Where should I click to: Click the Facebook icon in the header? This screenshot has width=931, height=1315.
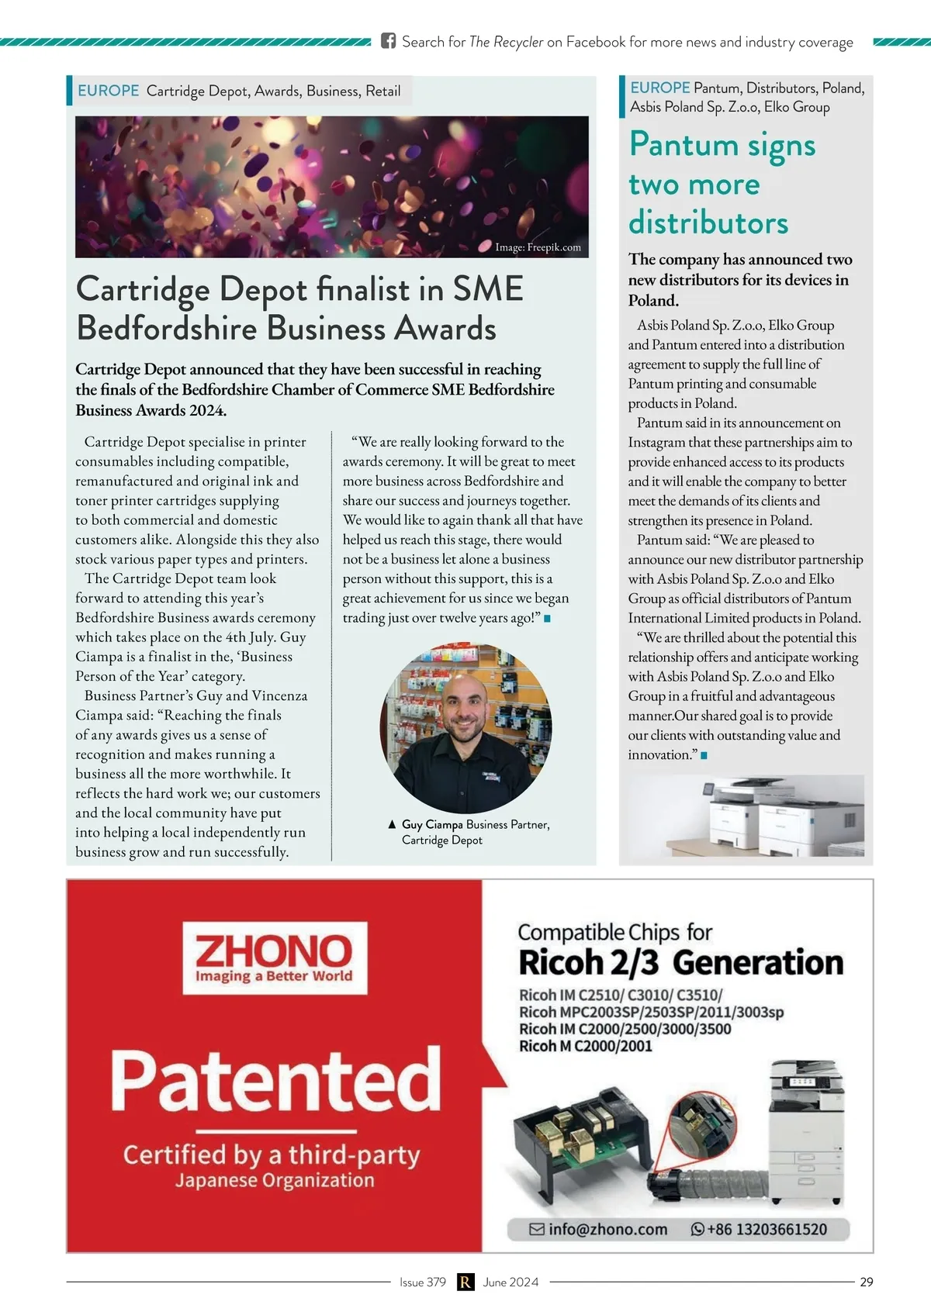[388, 41]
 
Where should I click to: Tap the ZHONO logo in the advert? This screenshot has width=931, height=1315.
[275, 958]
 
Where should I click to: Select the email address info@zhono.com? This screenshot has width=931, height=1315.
[607, 1229]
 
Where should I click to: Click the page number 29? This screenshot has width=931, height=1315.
[866, 1282]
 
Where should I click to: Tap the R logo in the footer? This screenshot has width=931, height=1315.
[465, 1282]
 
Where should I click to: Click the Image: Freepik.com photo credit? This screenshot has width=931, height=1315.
[538, 247]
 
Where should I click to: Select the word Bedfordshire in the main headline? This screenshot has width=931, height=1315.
[166, 328]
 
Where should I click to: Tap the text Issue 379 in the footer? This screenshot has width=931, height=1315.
[423, 1282]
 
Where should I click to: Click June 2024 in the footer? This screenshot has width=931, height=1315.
[510, 1282]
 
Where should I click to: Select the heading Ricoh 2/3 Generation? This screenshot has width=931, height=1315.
[680, 962]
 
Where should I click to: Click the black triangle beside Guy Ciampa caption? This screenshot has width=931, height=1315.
[392, 824]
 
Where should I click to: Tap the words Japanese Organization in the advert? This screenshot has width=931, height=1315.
[275, 1180]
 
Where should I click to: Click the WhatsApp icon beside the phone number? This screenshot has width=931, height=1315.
[697, 1229]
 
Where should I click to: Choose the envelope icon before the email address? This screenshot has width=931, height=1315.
[537, 1229]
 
